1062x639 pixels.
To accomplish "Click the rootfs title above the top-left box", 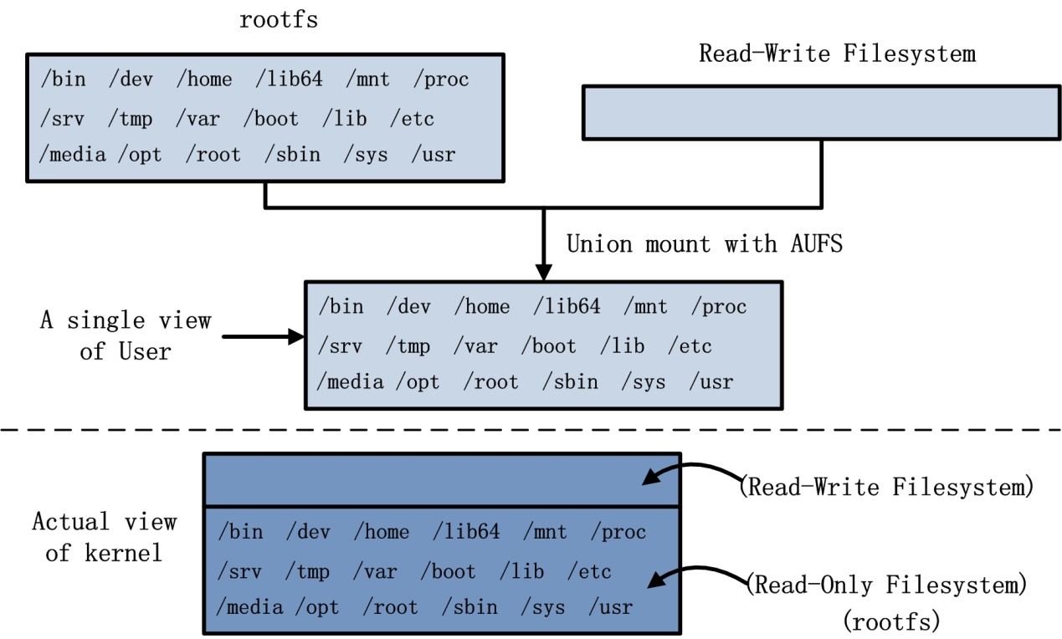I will point(279,20).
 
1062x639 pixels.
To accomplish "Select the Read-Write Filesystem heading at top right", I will point(837,54).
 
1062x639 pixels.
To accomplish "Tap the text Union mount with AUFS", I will point(704,244).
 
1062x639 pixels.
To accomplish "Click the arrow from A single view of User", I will point(264,336).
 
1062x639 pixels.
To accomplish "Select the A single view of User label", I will point(126,335).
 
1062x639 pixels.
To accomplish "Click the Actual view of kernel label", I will point(105,537).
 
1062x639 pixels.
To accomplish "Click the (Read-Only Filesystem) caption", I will point(885,584).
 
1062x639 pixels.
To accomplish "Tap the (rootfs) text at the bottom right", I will point(892,621).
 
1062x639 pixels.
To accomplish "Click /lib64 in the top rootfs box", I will point(290,79).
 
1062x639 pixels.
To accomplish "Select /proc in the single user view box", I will point(718,307).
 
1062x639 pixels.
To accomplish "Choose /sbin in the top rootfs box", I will point(292,155).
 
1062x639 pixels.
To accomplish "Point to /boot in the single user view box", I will point(548,345).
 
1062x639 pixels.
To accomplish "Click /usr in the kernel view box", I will point(611,606).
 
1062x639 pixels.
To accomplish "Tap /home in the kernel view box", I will point(381,532).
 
